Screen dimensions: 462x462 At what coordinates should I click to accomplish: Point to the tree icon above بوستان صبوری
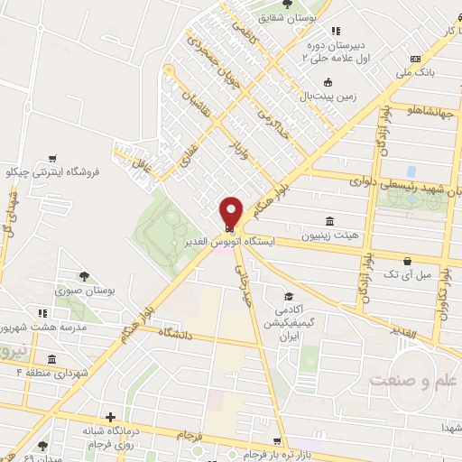click(x=84, y=275)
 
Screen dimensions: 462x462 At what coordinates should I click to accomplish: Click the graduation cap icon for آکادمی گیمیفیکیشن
click(x=289, y=296)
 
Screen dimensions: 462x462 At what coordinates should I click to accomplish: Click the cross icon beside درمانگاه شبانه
click(x=110, y=418)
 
